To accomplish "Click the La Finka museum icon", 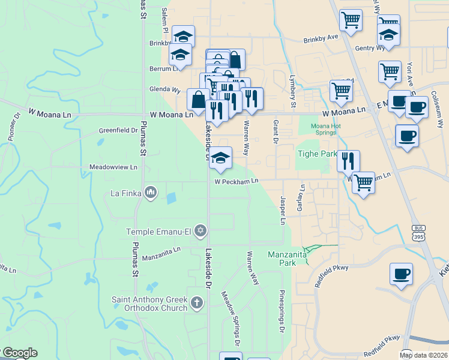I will pyautogui.click(x=151, y=193).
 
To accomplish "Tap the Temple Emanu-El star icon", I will pyautogui.click(x=200, y=230).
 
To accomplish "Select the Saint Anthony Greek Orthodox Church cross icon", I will pyautogui.click(x=196, y=302).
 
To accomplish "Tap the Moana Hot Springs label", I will pyautogui.click(x=326, y=129).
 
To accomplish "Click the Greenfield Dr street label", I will pyautogui.click(x=119, y=130).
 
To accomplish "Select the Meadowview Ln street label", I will pyautogui.click(x=113, y=167).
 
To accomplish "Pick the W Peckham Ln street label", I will pyautogui.click(x=237, y=181).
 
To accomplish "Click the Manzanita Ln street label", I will pyautogui.click(x=161, y=254).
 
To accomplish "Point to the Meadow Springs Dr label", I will pyautogui.click(x=231, y=318).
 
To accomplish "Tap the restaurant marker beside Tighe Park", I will pyautogui.click(x=348, y=161).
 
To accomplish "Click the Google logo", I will pyautogui.click(x=19, y=353).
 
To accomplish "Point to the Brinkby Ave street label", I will pyautogui.click(x=321, y=37).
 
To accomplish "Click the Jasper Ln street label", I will pyautogui.click(x=283, y=210).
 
